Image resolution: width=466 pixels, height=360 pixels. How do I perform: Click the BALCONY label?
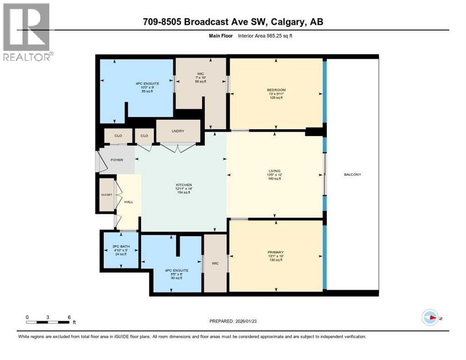click(x=352, y=174)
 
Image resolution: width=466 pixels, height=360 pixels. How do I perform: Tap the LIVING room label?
click(x=274, y=171)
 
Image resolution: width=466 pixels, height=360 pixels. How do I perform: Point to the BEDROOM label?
click(x=276, y=90)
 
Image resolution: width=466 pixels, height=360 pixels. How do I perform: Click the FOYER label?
click(x=117, y=160)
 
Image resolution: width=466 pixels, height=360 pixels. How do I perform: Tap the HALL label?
click(x=128, y=202)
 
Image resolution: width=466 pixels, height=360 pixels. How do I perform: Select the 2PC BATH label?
click(x=120, y=247)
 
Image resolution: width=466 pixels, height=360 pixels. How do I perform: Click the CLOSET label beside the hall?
click(x=106, y=194)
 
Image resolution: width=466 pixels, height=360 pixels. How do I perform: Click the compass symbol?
click(x=429, y=317)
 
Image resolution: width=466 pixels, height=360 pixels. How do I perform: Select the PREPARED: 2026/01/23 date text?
click(x=233, y=321)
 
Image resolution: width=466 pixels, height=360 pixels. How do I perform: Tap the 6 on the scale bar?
click(x=69, y=317)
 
